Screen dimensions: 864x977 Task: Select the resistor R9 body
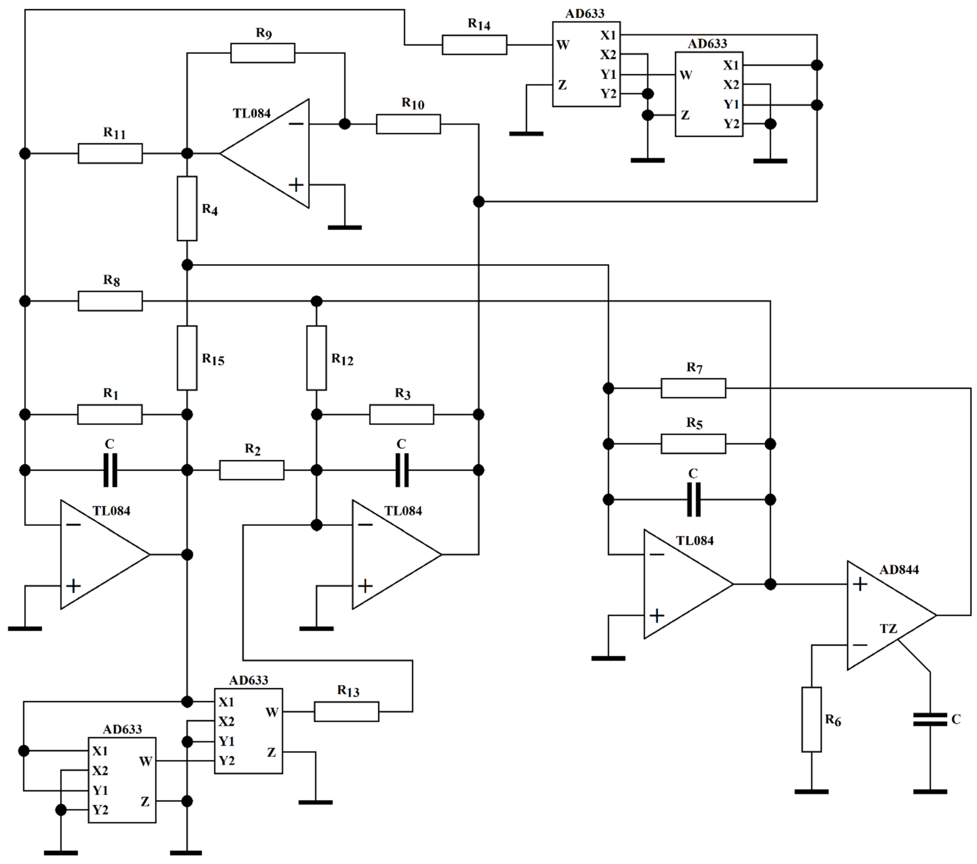pos(263,53)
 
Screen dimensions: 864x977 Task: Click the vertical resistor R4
pos(187,208)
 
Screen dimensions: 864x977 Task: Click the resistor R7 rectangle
pos(693,388)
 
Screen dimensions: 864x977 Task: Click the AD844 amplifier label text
pos(899,569)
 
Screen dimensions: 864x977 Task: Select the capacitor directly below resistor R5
pos(693,500)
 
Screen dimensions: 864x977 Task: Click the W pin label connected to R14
pos(563,45)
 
